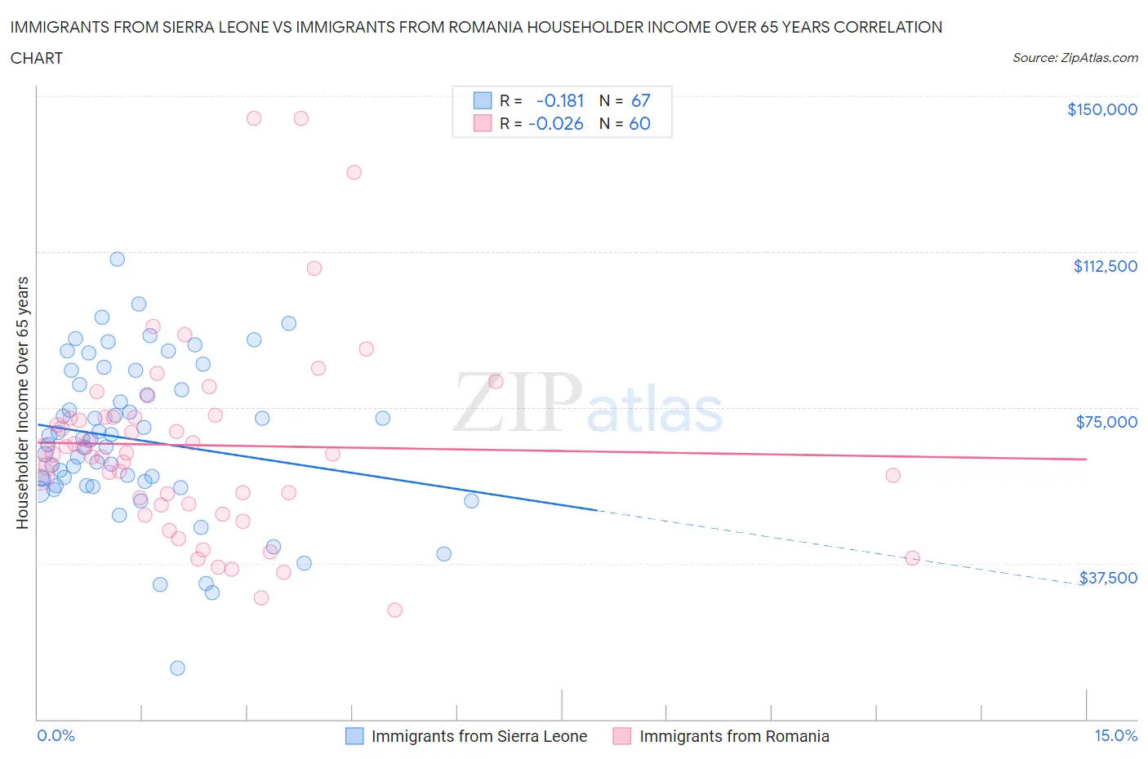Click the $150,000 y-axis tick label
[x=1101, y=109]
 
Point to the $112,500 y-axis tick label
[x=1105, y=266]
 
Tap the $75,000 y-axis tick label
[x=1106, y=422]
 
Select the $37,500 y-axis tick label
[x=1108, y=578]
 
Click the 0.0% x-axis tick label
[x=56, y=736]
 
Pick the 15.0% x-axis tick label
[x=1115, y=736]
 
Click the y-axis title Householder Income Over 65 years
[x=23, y=402]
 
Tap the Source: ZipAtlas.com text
[x=1075, y=58]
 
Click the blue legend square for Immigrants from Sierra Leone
[x=354, y=736]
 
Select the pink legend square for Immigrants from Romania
[x=622, y=736]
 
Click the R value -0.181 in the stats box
[x=560, y=100]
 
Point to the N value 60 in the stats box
[x=639, y=123]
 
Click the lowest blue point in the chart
[x=177, y=668]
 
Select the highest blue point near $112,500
[x=118, y=259]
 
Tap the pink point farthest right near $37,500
[x=912, y=558]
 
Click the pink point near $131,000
[x=354, y=172]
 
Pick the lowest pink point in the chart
[x=394, y=610]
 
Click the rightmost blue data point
[x=471, y=500]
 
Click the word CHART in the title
[x=37, y=58]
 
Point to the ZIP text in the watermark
[x=516, y=402]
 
